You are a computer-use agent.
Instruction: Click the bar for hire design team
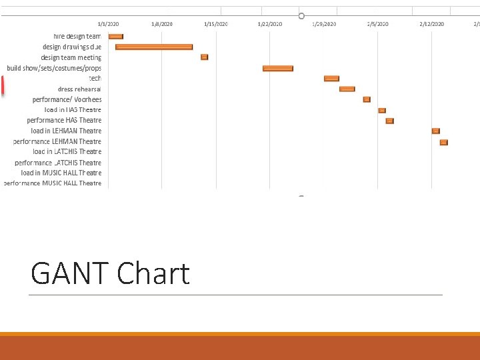click(x=115, y=36)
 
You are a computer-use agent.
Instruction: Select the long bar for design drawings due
click(x=154, y=47)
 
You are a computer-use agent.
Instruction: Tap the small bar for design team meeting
click(x=205, y=57)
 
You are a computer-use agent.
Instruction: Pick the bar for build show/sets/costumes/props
click(x=278, y=68)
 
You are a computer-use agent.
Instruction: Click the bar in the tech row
click(x=331, y=79)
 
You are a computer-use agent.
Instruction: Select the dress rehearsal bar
click(x=347, y=89)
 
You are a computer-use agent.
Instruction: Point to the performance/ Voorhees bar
click(x=367, y=99)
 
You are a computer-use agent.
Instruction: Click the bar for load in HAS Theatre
click(x=382, y=110)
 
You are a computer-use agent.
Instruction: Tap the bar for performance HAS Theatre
click(x=390, y=121)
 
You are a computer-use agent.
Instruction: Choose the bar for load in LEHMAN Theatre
click(x=435, y=131)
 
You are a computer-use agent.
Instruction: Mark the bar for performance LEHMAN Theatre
click(x=443, y=142)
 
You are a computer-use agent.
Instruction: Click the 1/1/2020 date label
click(x=109, y=24)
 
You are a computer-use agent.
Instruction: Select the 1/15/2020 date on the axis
click(x=216, y=24)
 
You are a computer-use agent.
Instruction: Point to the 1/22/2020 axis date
click(x=270, y=24)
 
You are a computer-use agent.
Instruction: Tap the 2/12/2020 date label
click(x=432, y=24)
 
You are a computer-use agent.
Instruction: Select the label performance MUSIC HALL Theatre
click(x=53, y=183)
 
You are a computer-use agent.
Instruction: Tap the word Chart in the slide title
click(x=153, y=274)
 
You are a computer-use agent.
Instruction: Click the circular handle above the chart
click(x=301, y=15)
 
